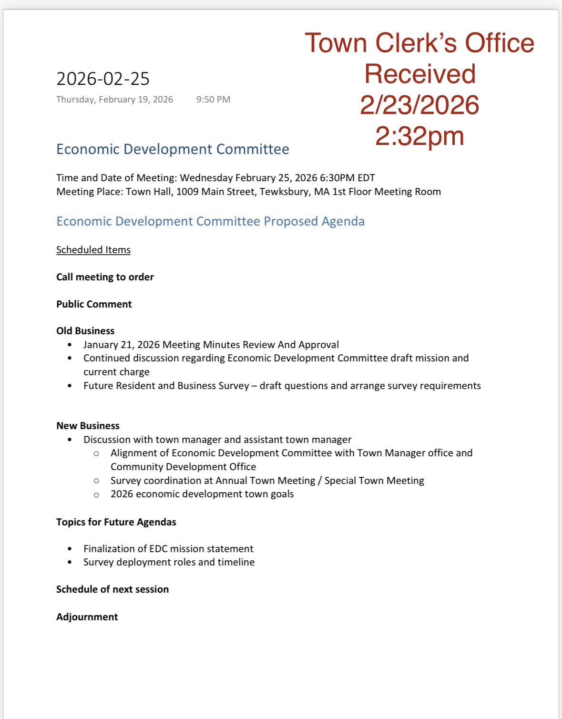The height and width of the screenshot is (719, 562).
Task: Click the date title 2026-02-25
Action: point(103,79)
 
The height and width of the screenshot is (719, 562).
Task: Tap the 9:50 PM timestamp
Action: point(213,100)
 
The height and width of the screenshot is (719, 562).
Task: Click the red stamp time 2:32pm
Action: point(419,136)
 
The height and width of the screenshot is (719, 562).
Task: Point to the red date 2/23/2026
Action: point(419,105)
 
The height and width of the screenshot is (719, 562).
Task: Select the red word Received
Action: point(420,74)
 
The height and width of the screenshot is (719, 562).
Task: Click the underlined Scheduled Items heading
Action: point(93,250)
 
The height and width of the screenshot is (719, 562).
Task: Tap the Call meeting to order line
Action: point(105,277)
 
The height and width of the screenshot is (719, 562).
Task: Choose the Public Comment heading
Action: point(94,304)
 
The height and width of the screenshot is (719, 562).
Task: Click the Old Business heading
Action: point(85,331)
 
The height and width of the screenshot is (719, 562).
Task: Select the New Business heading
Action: point(88,426)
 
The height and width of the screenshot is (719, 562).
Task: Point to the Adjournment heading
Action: point(87,617)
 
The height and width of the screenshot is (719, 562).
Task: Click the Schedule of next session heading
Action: point(112,589)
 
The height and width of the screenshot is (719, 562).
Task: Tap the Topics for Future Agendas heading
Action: point(116,522)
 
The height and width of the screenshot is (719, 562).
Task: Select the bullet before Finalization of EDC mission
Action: point(70,549)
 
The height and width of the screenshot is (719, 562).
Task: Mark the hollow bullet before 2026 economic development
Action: point(97,495)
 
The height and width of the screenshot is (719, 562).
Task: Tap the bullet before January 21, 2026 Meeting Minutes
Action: point(70,345)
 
